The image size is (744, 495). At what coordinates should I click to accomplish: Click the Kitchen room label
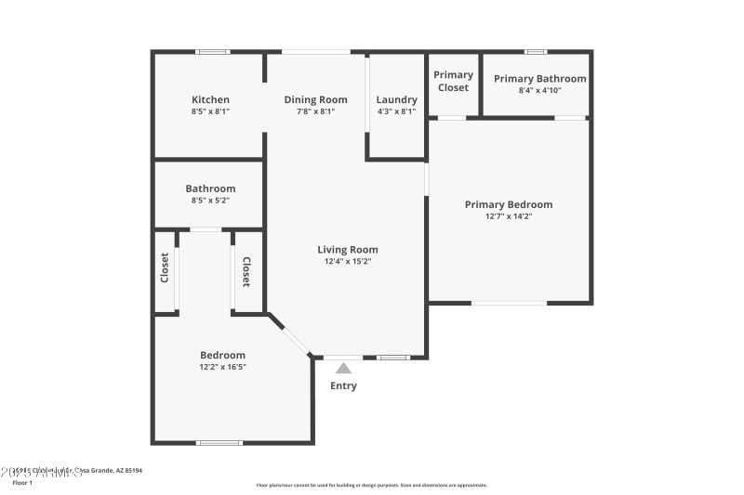tap(210, 99)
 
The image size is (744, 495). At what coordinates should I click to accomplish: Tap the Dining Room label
tap(315, 99)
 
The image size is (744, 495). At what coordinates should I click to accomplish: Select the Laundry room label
tap(396, 99)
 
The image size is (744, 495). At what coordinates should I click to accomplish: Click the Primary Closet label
tap(453, 81)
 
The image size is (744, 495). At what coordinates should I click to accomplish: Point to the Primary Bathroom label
tap(539, 79)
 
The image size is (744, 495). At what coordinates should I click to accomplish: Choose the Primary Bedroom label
tap(509, 204)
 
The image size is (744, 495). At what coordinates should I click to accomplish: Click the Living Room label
tap(348, 249)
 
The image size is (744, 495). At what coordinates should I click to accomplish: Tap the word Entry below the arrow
tap(343, 385)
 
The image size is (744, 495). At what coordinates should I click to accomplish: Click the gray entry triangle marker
tap(343, 368)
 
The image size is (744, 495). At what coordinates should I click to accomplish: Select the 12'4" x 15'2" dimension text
tap(348, 261)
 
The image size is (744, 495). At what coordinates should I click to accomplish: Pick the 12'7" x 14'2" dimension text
tap(509, 216)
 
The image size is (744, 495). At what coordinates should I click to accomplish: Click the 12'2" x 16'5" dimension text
tap(223, 367)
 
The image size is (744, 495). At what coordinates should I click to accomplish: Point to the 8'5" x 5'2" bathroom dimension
tap(210, 200)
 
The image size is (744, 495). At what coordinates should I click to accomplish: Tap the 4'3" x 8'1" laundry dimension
tap(396, 111)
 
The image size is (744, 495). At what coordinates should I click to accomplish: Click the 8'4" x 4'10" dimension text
tap(539, 90)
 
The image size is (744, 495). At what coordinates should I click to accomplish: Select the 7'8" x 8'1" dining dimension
tap(315, 111)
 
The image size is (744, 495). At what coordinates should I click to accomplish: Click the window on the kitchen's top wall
tap(213, 52)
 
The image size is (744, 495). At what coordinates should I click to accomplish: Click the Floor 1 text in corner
tap(22, 483)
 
